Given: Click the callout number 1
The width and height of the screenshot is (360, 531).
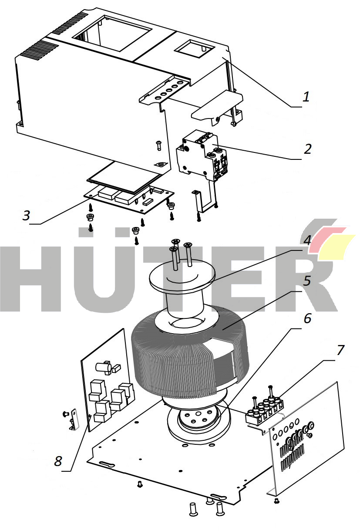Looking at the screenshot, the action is click(306, 97).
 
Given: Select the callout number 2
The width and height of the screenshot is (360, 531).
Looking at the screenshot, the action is click(307, 149).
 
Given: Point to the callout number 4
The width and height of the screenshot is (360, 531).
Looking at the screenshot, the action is click(307, 240).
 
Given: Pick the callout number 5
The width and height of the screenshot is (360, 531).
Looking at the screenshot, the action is click(307, 281).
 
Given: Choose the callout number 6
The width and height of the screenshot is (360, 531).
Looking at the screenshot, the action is click(307, 318).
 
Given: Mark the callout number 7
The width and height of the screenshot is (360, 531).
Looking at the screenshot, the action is click(340, 350).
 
